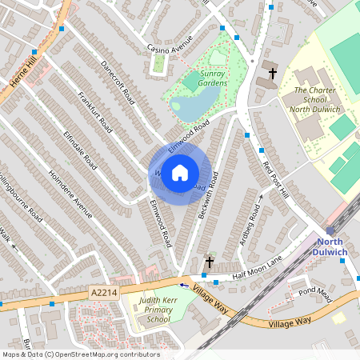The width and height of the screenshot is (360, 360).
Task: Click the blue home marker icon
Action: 180,173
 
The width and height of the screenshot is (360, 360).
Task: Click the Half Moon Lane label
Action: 258,268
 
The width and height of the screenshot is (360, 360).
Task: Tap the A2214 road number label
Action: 102,294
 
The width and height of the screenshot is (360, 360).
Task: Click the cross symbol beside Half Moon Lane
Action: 210,262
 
